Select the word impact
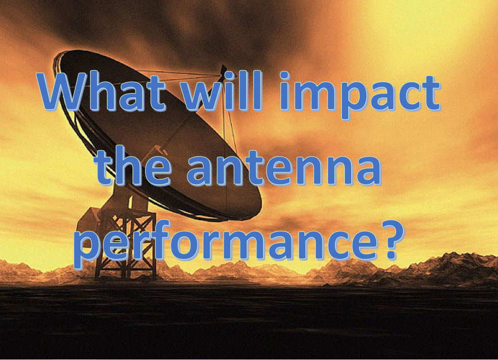(x=359, y=95)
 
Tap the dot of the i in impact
(x=285, y=75)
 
